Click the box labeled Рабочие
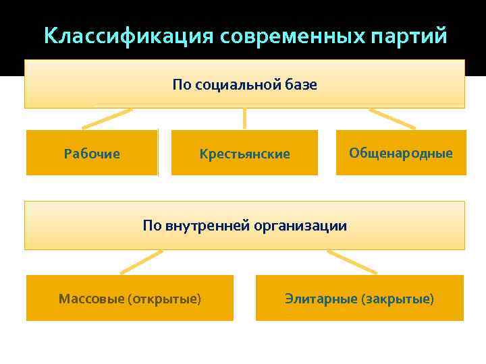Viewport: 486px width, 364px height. coord(92,153)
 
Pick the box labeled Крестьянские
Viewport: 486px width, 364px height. coord(244,153)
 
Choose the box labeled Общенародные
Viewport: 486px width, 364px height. coord(401,152)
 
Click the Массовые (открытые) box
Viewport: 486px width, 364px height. coord(130,297)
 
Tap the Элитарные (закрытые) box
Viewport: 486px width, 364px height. coord(359,297)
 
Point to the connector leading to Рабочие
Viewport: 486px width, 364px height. coord(107,119)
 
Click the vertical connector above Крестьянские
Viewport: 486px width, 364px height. coord(244,119)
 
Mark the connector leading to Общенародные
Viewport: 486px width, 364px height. coord(392,119)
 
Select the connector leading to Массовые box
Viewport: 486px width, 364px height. coord(141,262)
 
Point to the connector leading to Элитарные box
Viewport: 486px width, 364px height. coord(351,262)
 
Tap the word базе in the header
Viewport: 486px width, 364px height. coord(302,86)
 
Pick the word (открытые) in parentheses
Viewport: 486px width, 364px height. coord(164,298)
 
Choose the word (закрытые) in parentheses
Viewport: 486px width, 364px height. coord(398,298)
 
